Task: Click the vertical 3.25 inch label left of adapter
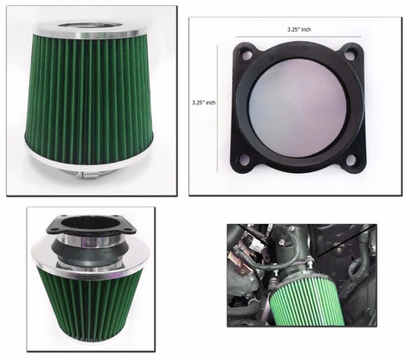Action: pos(205,103)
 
